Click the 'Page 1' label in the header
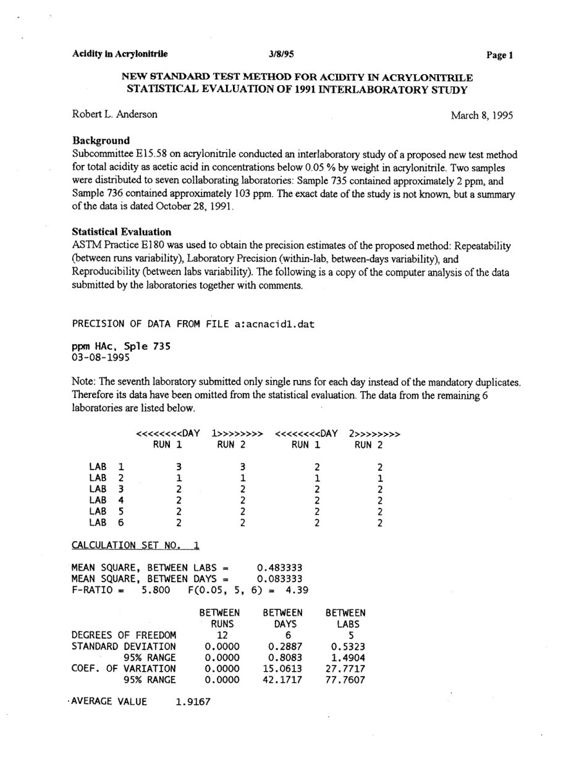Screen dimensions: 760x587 coord(500,55)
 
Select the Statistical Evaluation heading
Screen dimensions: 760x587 coord(122,232)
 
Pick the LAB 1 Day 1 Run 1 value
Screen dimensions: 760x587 coord(178,467)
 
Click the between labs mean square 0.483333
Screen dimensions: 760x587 coord(280,568)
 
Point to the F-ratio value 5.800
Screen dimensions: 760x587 coord(156,590)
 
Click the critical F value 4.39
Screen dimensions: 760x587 coord(296,590)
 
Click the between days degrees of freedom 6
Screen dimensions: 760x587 coord(287,635)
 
